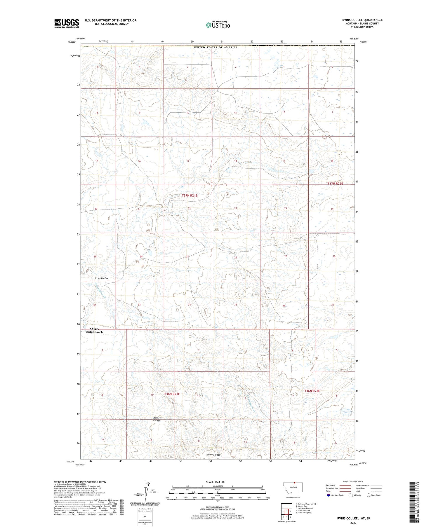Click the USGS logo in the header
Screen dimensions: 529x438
pos(67,23)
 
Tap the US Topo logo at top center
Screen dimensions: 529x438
pos(218,25)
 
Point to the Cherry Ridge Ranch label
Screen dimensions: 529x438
pos(94,330)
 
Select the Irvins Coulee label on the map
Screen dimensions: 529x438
pos(101,278)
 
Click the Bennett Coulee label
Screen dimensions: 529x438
pos(157,419)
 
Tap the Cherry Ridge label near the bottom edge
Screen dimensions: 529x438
pos(213,455)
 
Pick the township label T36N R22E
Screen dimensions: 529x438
pos(312,391)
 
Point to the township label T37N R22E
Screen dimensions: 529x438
pos(335,184)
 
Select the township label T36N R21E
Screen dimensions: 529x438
pos(172,394)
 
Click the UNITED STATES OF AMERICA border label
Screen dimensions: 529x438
pos(215,47)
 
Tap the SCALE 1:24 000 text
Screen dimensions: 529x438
pos(215,482)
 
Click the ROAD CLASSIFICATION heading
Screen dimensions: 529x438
pos(353,481)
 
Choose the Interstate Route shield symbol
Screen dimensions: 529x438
pos(328,495)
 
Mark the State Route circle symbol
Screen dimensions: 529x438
pos(369,495)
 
